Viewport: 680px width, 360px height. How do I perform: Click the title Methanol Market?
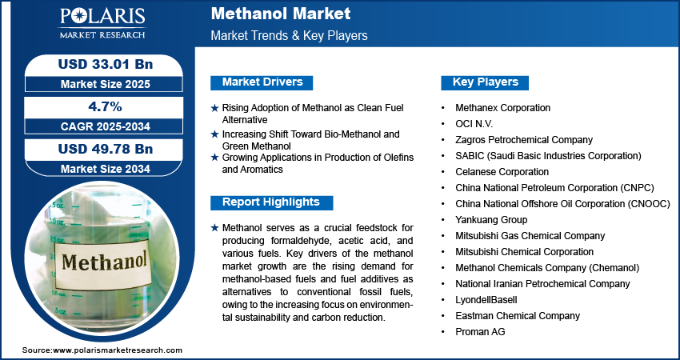click(281, 14)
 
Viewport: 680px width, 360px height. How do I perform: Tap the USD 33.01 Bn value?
click(106, 64)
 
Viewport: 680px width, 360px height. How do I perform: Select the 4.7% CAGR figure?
click(104, 106)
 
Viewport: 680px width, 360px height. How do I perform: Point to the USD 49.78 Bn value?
click(106, 149)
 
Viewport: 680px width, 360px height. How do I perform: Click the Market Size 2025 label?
click(106, 84)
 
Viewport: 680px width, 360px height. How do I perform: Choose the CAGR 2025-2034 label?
click(106, 126)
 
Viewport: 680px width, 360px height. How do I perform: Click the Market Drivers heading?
click(262, 82)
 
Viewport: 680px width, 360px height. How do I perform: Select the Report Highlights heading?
click(271, 202)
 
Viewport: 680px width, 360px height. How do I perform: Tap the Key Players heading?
click(485, 82)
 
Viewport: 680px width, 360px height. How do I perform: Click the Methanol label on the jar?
click(104, 262)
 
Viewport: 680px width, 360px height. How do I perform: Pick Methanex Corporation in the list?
click(502, 107)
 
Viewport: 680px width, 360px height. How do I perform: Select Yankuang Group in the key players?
click(491, 220)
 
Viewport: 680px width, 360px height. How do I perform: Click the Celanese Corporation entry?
click(502, 172)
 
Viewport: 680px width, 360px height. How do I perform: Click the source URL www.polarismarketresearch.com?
click(118, 350)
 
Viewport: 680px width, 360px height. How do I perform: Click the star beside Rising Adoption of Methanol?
click(214, 109)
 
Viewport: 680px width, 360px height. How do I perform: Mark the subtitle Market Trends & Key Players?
click(289, 35)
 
